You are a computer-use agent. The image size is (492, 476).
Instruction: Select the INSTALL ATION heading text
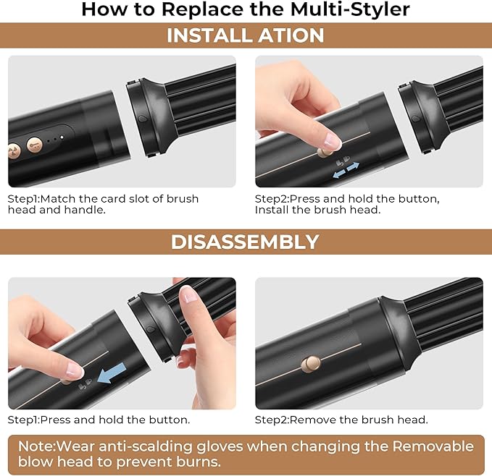246,35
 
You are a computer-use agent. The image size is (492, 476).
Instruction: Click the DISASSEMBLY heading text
245,242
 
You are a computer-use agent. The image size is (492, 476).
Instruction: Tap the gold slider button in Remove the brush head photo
313,362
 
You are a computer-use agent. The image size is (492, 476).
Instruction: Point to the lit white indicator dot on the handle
62,135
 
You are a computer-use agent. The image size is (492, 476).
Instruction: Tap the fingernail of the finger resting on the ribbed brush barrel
189,294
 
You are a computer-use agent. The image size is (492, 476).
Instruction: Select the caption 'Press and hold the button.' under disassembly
99,420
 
